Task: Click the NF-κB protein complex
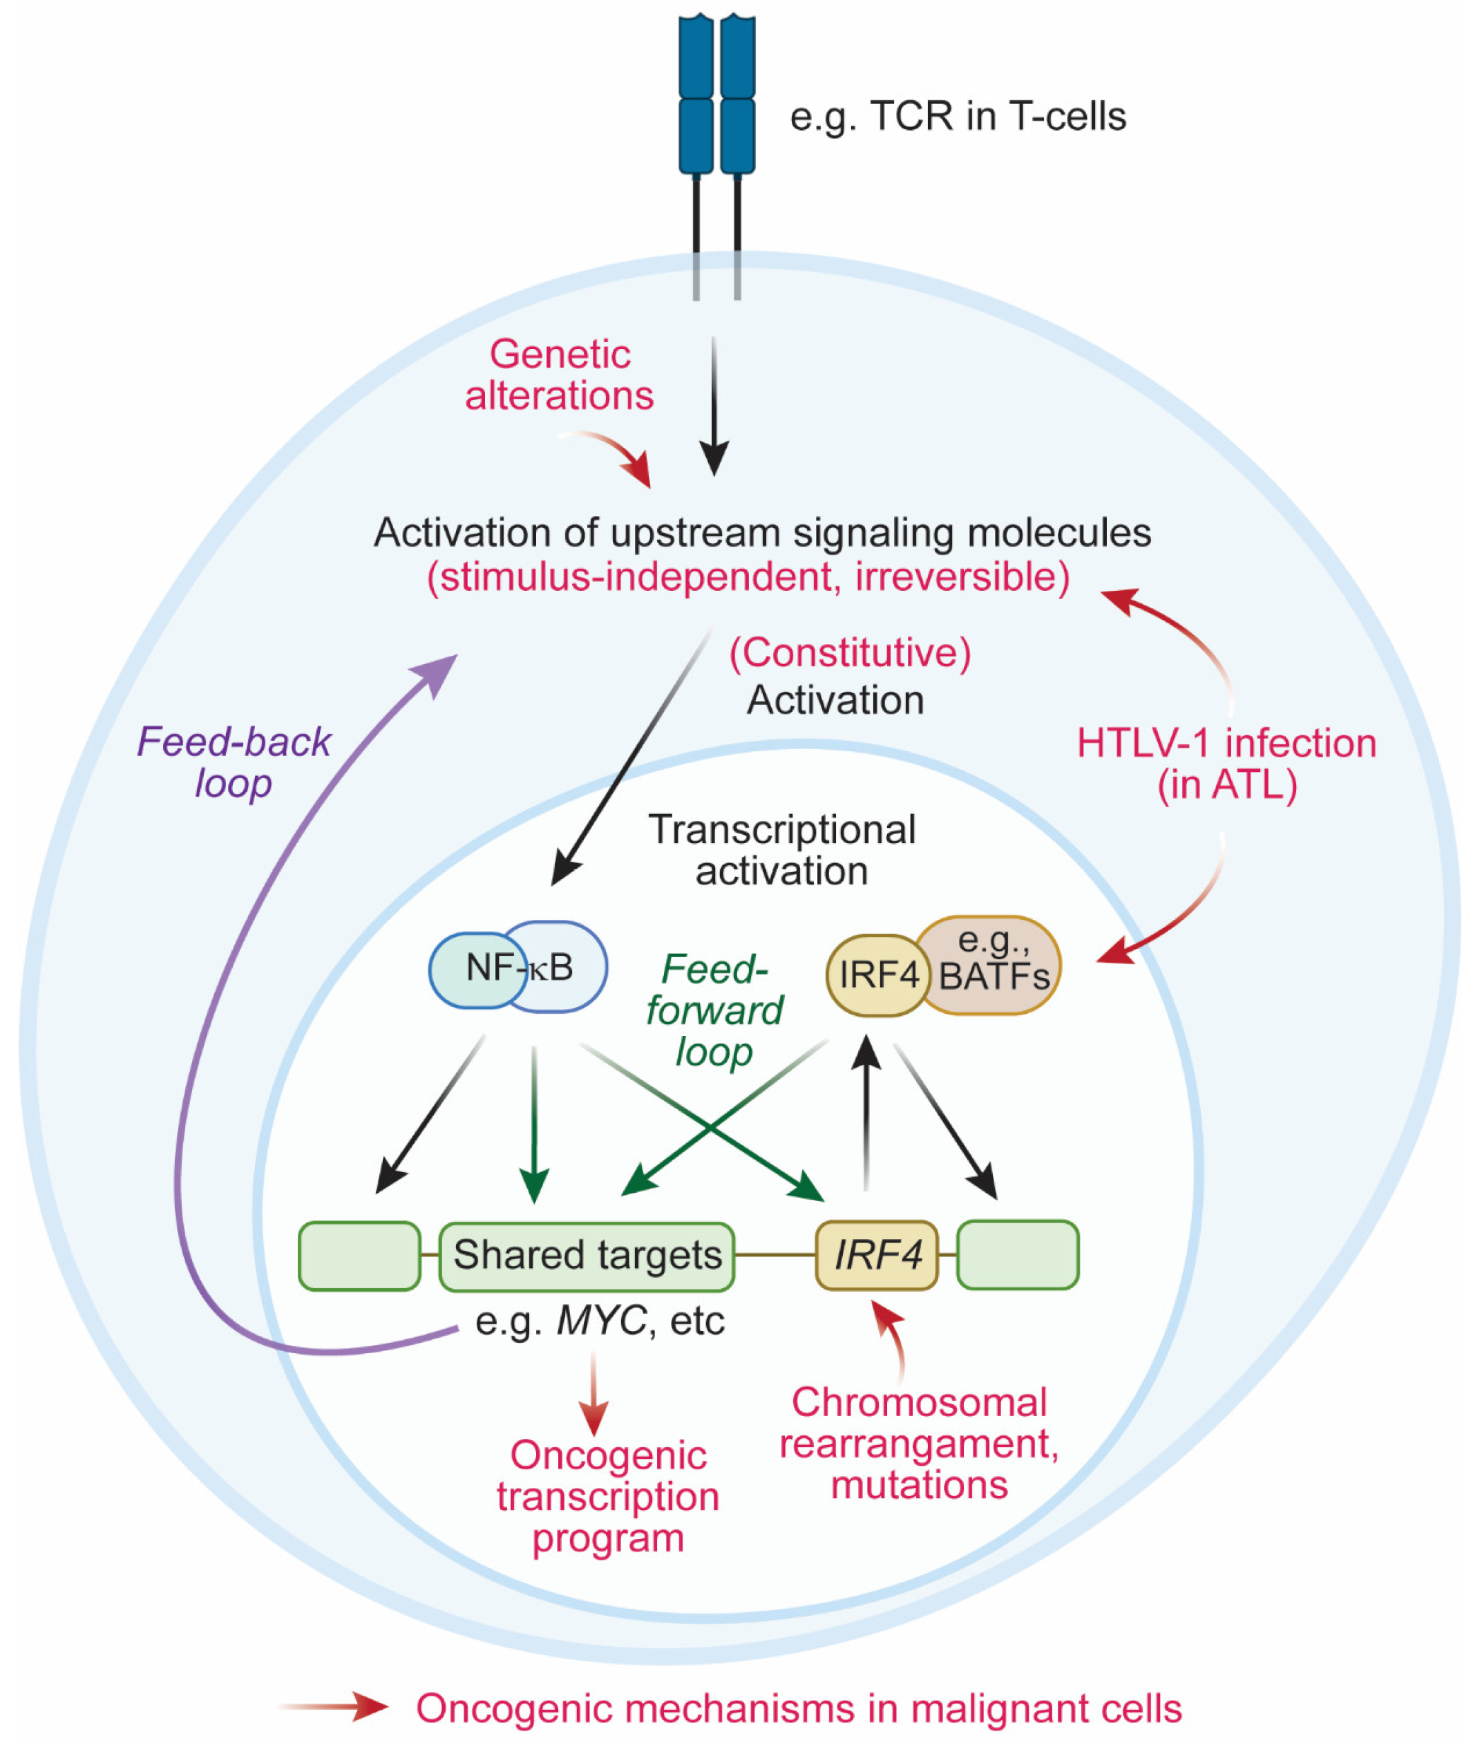518,967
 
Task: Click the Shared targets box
587,1255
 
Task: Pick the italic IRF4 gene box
876,1255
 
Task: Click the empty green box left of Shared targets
359,1255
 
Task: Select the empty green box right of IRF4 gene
1018,1255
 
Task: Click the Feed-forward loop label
714,1010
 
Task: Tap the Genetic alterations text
560,375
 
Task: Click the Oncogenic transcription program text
608,1496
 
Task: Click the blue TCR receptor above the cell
716,97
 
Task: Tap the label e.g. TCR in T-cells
958,116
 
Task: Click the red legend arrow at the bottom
336,1706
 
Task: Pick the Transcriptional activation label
781,850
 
